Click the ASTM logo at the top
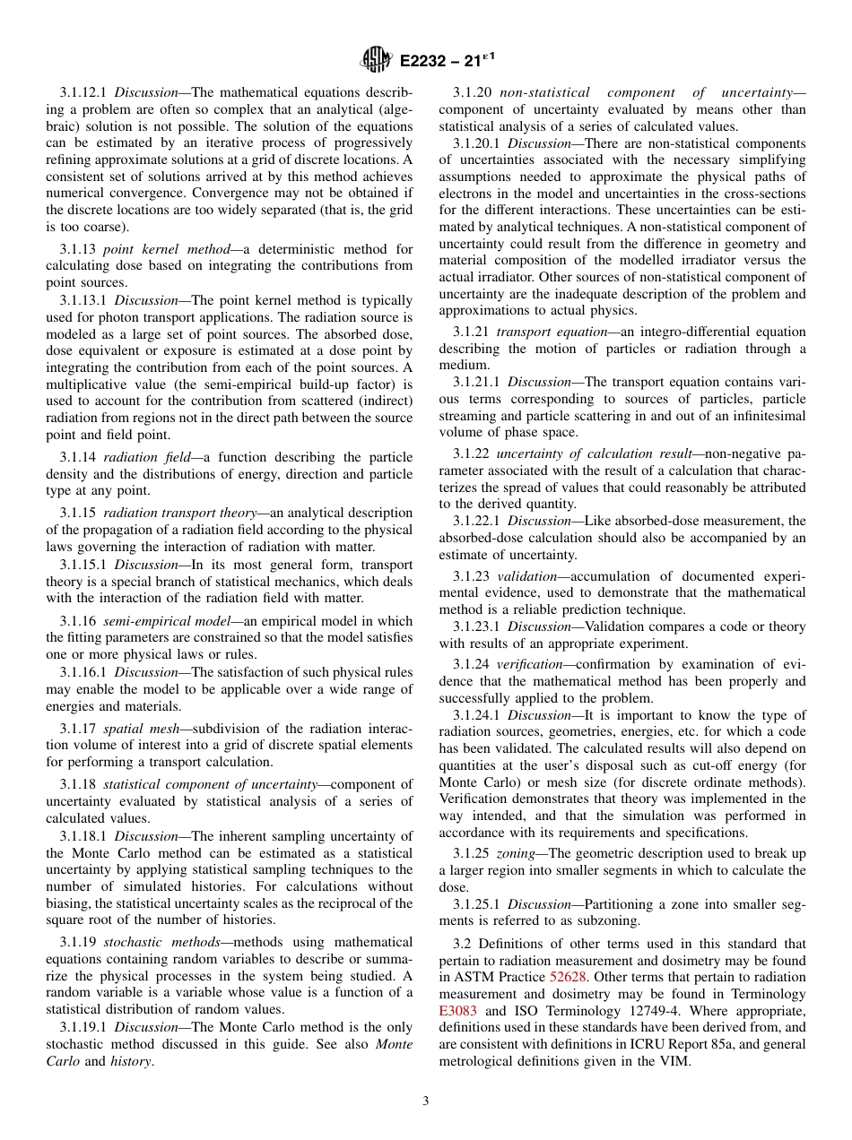tap(377, 60)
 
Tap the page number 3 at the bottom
tap(426, 1101)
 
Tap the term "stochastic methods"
tap(147, 942)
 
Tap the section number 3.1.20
tap(472, 92)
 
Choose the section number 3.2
tap(463, 944)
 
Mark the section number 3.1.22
tap(472, 453)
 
